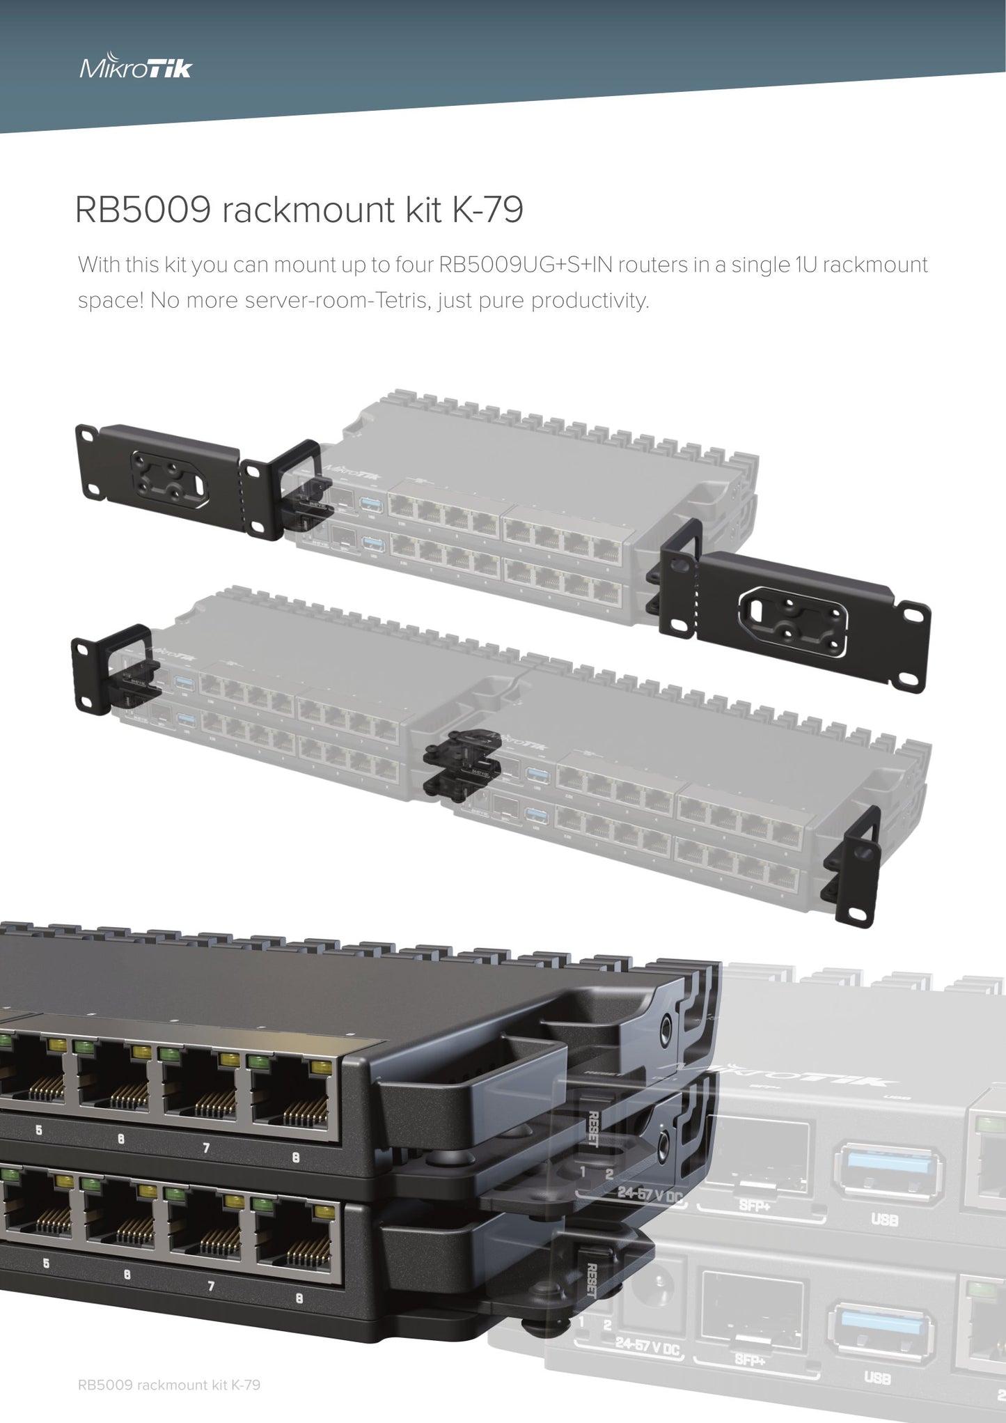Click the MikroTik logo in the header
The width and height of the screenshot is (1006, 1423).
tap(136, 68)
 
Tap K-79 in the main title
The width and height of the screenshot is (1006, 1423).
tap(487, 210)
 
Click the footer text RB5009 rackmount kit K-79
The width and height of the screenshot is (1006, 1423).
tap(169, 1385)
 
